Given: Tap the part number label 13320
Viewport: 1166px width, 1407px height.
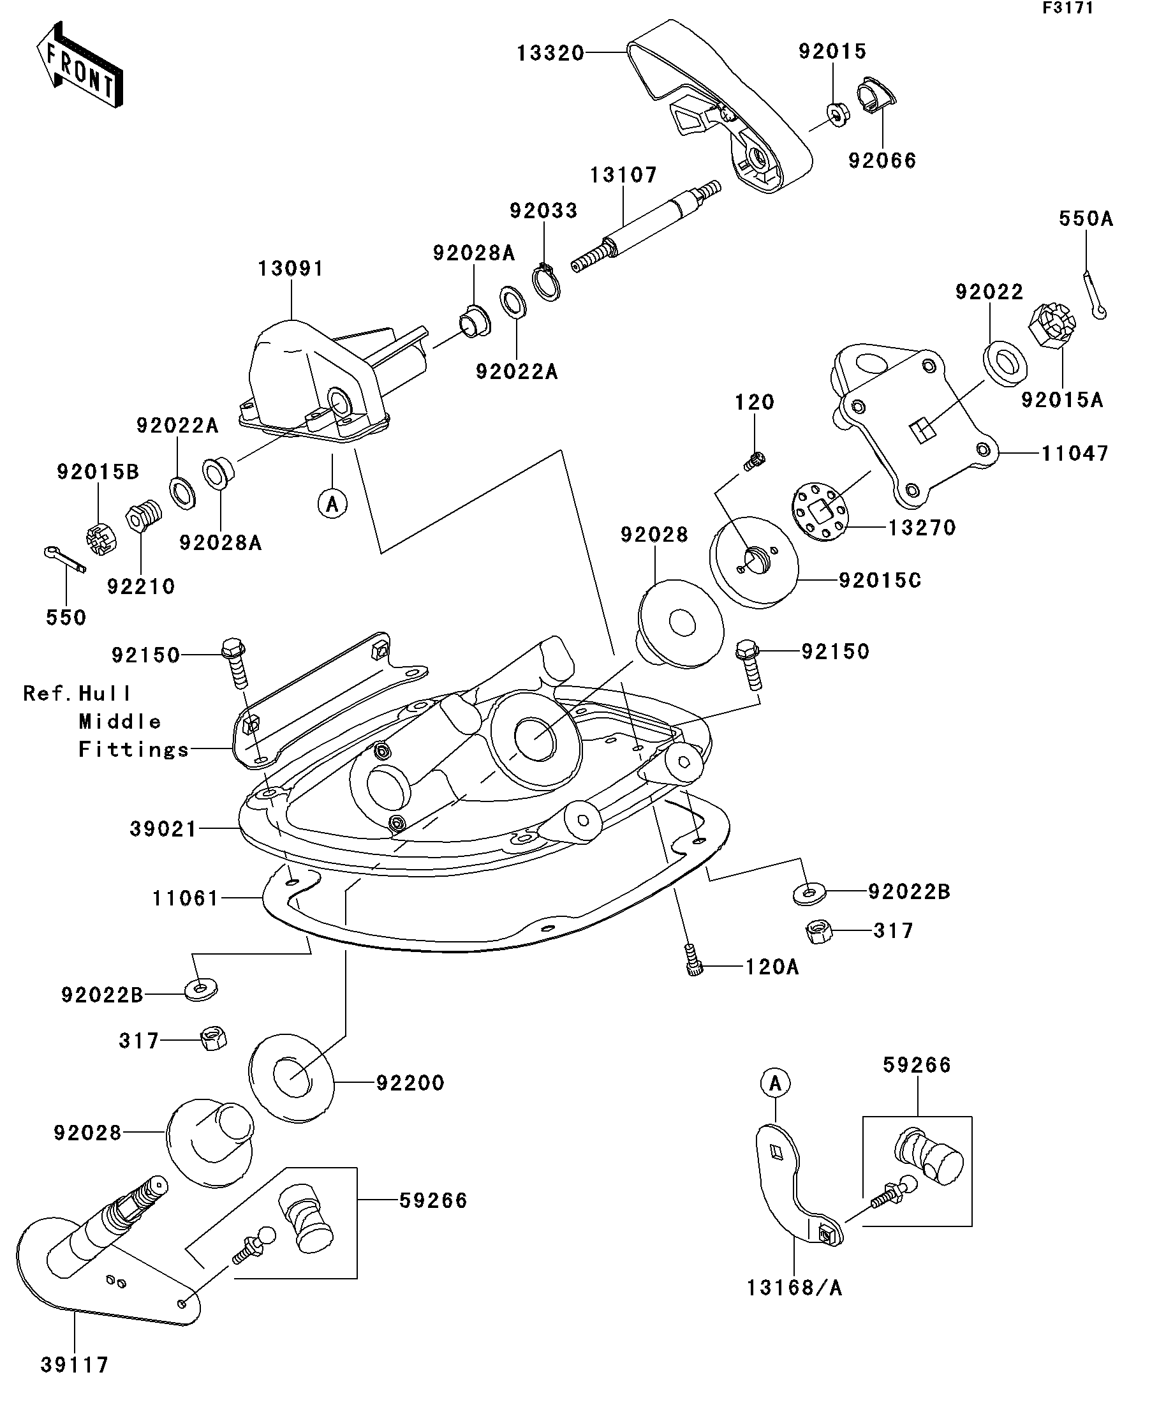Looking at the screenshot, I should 550,53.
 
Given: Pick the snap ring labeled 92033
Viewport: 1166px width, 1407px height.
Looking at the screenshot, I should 547,284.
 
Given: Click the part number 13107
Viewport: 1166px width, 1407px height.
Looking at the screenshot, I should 623,175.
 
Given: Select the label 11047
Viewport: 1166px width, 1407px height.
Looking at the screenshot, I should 1074,454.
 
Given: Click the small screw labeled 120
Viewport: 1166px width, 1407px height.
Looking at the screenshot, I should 754,460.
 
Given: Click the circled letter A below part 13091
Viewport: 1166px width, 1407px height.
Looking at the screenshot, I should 332,503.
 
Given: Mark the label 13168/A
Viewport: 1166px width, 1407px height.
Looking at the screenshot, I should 794,1287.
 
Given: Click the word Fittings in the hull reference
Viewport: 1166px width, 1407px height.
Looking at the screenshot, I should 134,749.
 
